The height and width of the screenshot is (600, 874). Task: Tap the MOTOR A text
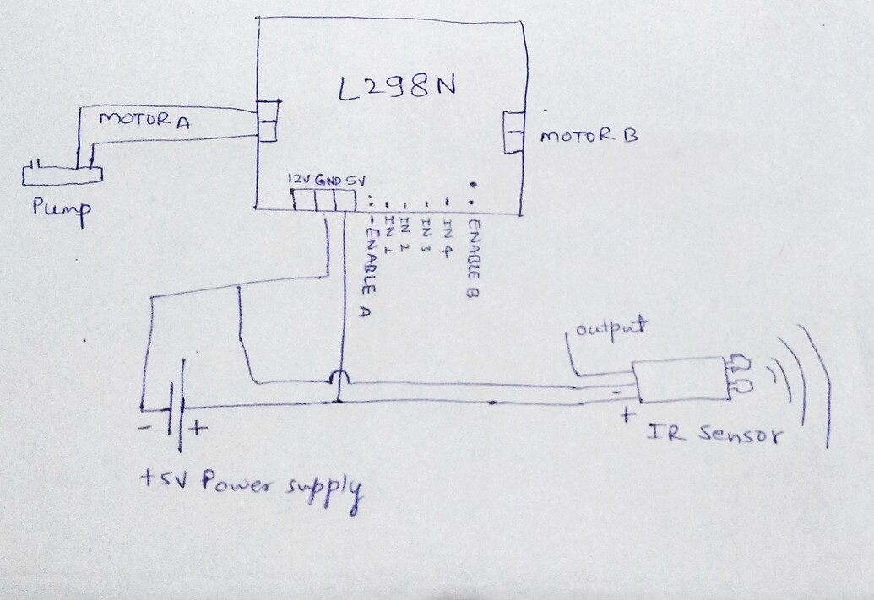click(x=144, y=122)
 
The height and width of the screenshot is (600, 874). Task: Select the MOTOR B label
click(x=589, y=135)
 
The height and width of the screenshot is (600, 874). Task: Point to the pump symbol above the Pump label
click(x=62, y=174)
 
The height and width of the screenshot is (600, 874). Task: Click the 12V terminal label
click(x=299, y=180)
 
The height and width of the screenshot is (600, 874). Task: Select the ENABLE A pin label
click(x=368, y=266)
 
